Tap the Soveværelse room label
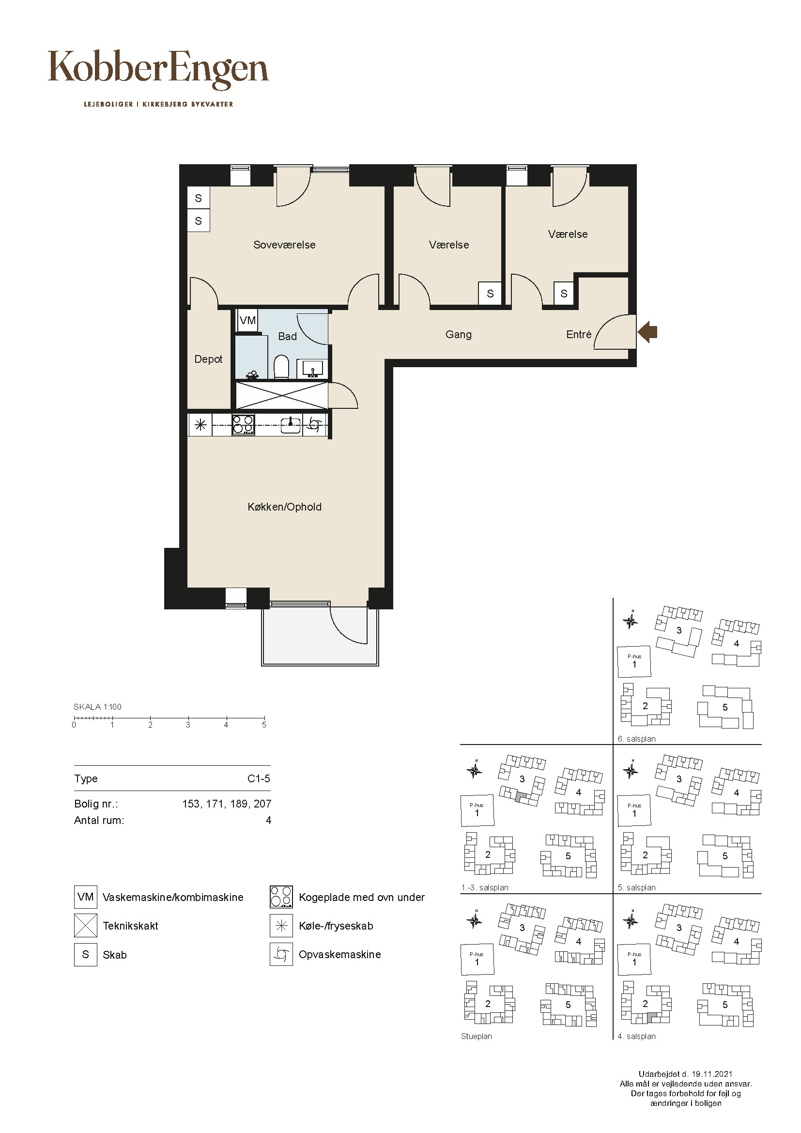pyautogui.click(x=284, y=245)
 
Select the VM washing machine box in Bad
pyautogui.click(x=247, y=320)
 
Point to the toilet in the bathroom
pyautogui.click(x=281, y=367)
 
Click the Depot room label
pyautogui.click(x=208, y=359)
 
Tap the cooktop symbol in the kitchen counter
pyautogui.click(x=243, y=424)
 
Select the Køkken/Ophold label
pyautogui.click(x=285, y=507)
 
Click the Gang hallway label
pyautogui.click(x=458, y=335)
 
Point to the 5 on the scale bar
pyautogui.click(x=264, y=725)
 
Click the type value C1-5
pyautogui.click(x=259, y=779)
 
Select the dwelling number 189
pyautogui.click(x=239, y=804)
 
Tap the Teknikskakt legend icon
pyautogui.click(x=85, y=925)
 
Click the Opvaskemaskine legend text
pyautogui.click(x=340, y=954)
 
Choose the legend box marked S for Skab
pyautogui.click(x=85, y=954)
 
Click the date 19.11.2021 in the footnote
pyautogui.click(x=712, y=1074)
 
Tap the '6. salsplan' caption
pyautogui.click(x=637, y=739)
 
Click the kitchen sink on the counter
pyautogui.click(x=291, y=424)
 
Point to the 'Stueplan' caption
pyautogui.click(x=477, y=1036)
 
